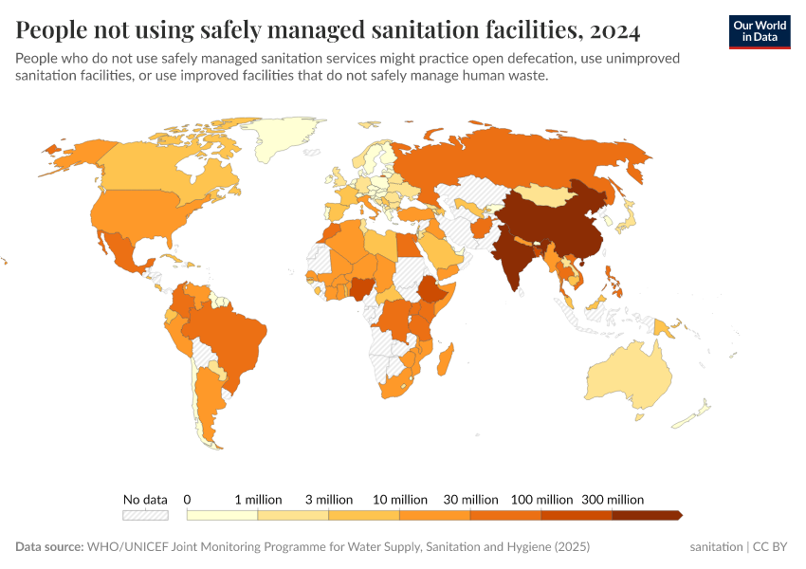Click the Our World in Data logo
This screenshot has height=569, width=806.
759,31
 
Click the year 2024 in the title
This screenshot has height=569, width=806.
614,31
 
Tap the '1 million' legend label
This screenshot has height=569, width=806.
258,499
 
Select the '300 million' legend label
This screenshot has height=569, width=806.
613,499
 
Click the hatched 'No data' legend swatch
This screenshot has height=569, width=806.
145,515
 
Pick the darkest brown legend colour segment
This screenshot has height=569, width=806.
646,515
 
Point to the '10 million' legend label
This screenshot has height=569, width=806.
400,499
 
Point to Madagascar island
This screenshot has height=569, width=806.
447,363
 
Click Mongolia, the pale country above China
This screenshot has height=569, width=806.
548,194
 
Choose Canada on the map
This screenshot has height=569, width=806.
142,171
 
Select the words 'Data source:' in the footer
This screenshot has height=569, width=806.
49,547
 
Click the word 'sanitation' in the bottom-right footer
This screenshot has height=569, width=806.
717,547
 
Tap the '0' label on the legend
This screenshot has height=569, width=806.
188,499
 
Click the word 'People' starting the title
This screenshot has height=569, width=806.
54,31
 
